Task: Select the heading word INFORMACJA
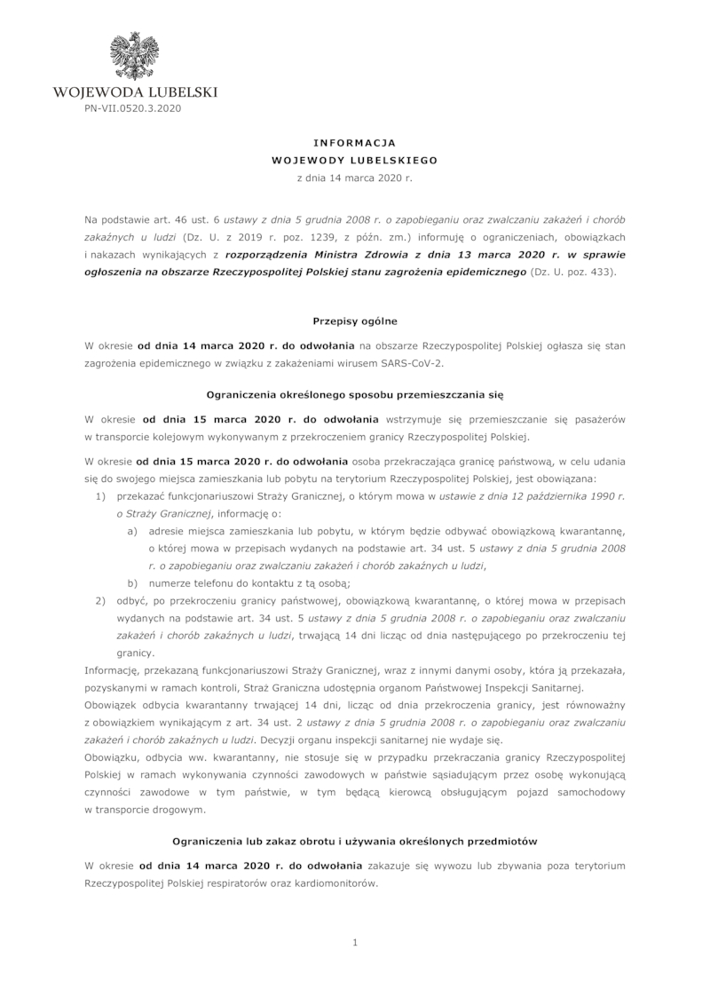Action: click(354, 142)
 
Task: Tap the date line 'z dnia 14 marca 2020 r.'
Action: click(354, 178)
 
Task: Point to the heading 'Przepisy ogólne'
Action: click(354, 319)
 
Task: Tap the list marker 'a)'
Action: click(131, 531)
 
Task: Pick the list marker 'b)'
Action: click(131, 582)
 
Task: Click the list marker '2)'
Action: click(100, 600)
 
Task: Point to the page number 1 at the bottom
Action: click(354, 943)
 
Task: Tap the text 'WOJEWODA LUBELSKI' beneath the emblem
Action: click(135, 91)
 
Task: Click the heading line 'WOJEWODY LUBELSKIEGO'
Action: click(354, 161)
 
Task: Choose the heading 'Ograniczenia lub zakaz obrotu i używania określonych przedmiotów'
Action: click(354, 840)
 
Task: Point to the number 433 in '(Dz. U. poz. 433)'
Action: click(601, 272)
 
